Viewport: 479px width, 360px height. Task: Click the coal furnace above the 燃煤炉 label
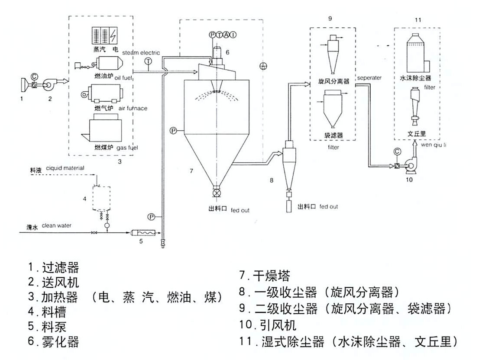coord(103,129)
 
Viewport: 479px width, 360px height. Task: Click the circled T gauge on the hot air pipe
coord(148,62)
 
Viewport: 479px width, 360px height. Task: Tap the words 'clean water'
coord(57,225)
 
